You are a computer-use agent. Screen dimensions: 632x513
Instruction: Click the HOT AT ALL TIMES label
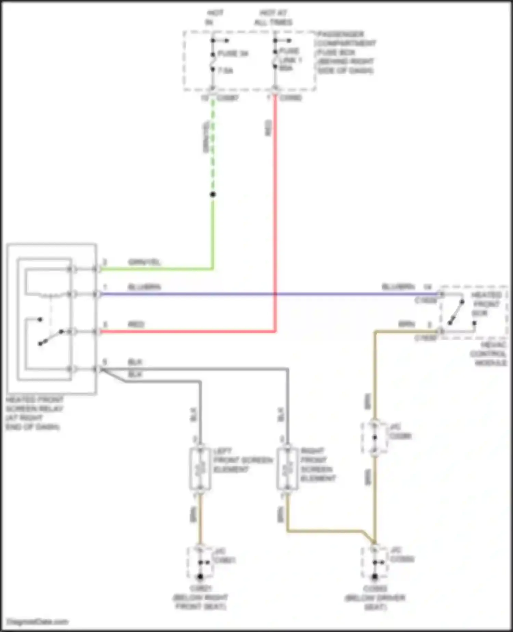[273, 18]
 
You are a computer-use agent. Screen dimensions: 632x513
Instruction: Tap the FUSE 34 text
[233, 54]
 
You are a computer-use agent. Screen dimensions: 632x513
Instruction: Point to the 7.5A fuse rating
[225, 71]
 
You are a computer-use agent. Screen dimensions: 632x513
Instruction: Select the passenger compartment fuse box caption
[345, 52]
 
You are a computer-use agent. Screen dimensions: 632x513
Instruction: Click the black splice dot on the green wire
[213, 194]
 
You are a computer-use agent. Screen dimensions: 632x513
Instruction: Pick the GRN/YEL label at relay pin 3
[144, 262]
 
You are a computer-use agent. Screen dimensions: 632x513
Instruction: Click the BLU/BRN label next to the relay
[144, 287]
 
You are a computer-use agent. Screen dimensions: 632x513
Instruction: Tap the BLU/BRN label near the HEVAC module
[398, 287]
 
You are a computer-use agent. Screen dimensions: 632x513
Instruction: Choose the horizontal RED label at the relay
[136, 324]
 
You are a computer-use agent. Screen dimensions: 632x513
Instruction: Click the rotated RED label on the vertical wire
[269, 128]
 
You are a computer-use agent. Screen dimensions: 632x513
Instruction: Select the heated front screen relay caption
[35, 413]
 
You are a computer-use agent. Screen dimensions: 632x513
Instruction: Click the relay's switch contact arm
[51, 337]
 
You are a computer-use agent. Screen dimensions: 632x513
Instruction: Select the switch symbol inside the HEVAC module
[457, 312]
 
